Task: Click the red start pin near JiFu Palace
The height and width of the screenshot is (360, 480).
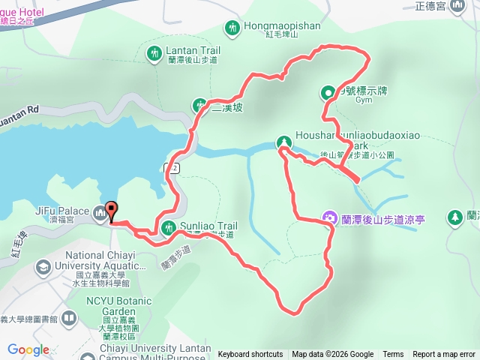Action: (111, 211)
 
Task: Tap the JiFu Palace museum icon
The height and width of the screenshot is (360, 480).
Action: (100, 215)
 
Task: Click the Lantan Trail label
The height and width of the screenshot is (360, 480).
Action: (182, 50)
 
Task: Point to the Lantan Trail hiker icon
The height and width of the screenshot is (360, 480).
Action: (154, 53)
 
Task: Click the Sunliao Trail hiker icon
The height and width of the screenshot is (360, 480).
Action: (167, 227)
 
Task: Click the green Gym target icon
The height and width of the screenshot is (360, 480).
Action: (328, 93)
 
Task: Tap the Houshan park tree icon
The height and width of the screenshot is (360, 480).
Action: (283, 142)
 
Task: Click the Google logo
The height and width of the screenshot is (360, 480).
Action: (28, 349)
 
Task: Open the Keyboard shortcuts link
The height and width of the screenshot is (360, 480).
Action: (250, 355)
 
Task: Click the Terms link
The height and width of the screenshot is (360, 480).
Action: (393, 355)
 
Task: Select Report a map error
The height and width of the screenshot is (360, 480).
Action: (444, 355)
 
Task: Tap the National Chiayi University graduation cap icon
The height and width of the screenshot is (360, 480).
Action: (43, 266)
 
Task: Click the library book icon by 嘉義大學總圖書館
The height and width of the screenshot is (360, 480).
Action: (68, 319)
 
